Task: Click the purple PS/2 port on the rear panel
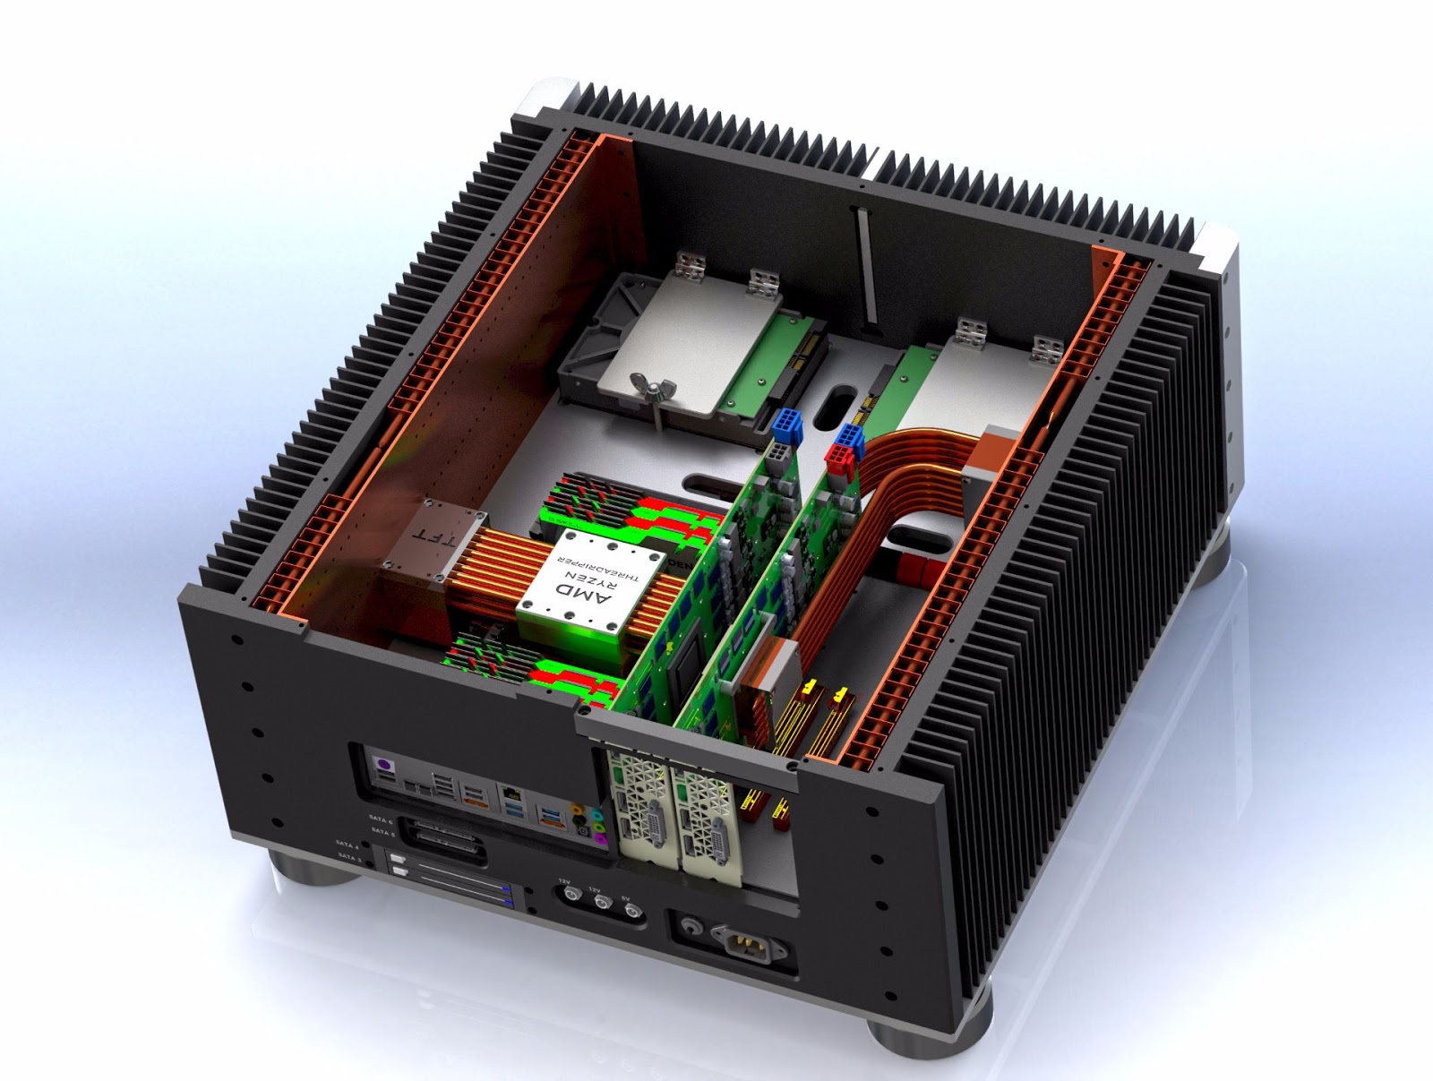tap(384, 768)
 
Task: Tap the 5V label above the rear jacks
tap(625, 898)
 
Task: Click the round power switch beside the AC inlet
tap(690, 924)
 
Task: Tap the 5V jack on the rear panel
tap(632, 913)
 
